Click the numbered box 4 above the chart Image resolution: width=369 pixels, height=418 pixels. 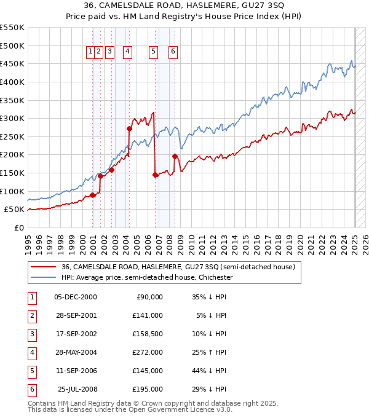128,52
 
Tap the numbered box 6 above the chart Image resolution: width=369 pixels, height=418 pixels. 173,52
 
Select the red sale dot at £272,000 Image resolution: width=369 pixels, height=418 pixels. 130,128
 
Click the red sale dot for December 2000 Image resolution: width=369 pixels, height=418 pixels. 92,195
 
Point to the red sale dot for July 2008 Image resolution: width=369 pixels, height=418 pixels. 175,156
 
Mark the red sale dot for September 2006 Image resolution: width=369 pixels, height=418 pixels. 155,175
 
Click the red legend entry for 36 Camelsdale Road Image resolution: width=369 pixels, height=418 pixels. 178,267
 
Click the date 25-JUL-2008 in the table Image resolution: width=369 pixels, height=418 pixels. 77,389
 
